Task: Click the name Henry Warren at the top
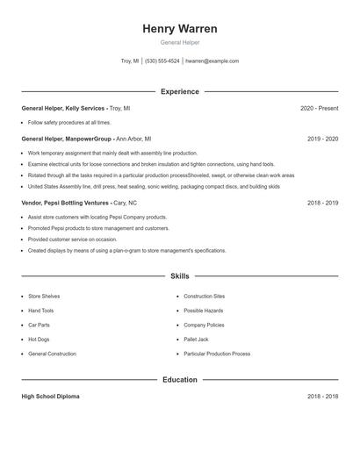[180, 29]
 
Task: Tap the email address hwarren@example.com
[212, 61]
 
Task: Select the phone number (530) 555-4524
[162, 61]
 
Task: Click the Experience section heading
[180, 91]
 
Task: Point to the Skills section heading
[180, 276]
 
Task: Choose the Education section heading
[180, 380]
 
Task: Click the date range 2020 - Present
[319, 108]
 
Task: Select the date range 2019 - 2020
[322, 139]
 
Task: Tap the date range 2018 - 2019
[322, 203]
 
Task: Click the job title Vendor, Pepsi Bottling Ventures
[65, 203]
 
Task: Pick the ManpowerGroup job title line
[86, 139]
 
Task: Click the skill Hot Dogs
[39, 340]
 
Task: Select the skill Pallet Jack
[196, 340]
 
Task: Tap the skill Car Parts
[40, 325]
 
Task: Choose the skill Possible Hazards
[204, 311]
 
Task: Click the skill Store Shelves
[44, 297]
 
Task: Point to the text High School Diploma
[50, 397]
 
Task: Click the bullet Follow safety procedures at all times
[69, 123]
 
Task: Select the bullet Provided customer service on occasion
[72, 239]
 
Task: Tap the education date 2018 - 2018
[322, 397]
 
